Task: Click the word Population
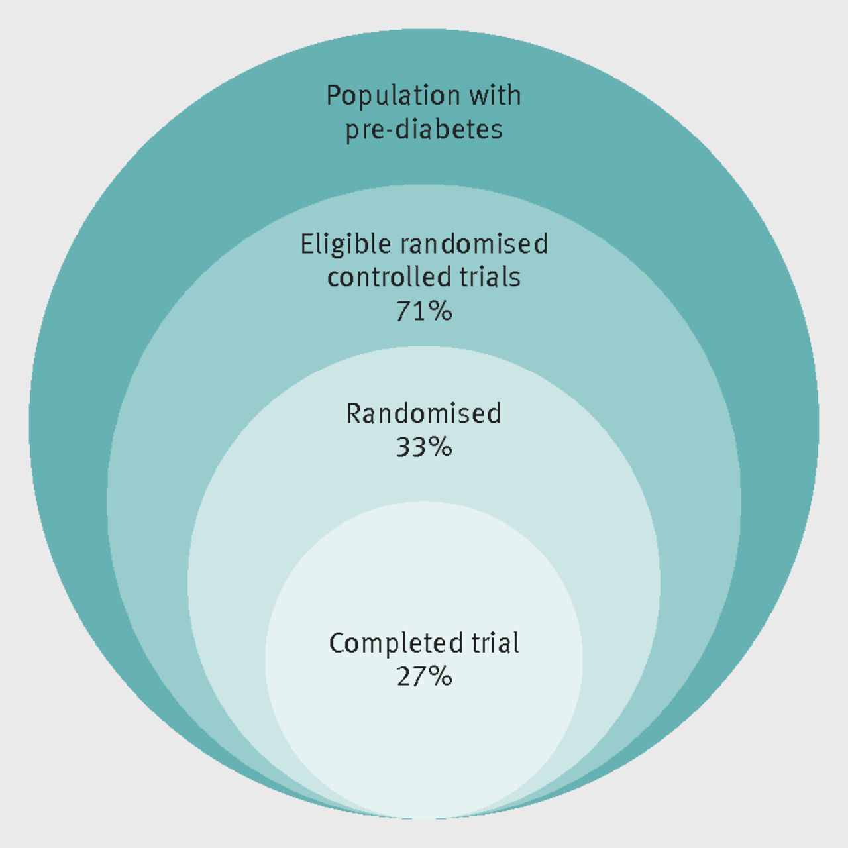coord(394,96)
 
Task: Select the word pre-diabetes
coord(424,131)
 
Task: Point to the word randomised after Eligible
coord(474,244)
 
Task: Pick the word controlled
coord(390,277)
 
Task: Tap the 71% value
coord(424,311)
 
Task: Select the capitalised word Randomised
coord(424,413)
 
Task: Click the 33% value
coord(424,448)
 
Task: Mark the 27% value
coord(424,677)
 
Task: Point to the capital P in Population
coord(334,95)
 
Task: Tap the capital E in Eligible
coord(307,244)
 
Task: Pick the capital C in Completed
coord(338,643)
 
